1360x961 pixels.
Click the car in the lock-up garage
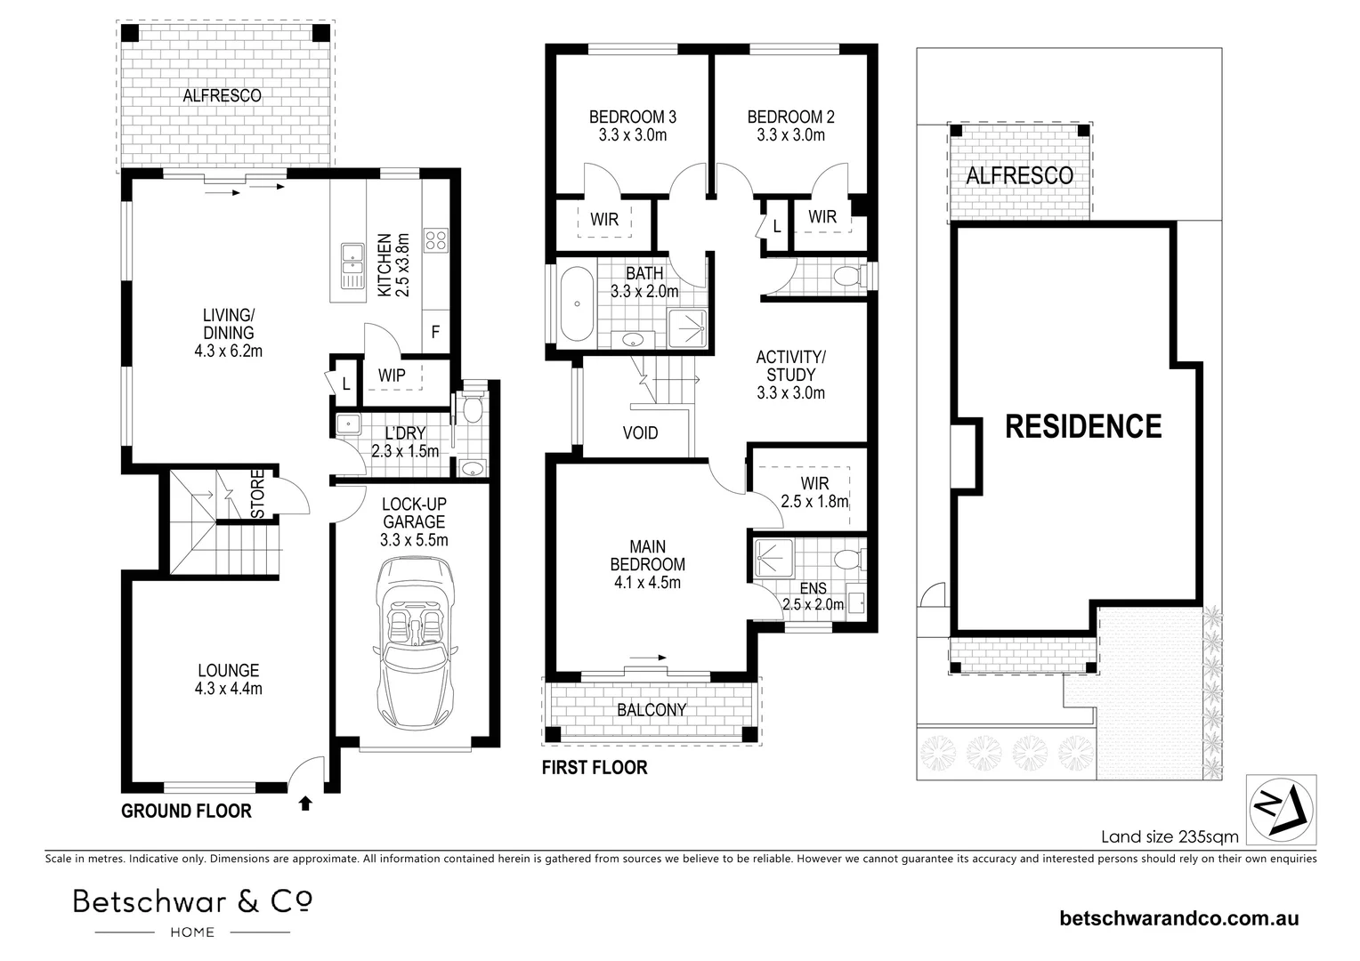(x=416, y=649)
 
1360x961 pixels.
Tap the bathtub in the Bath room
(x=577, y=303)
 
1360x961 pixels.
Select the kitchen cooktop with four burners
(x=435, y=240)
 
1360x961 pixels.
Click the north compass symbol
(x=1281, y=810)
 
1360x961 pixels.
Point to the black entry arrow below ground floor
(x=305, y=804)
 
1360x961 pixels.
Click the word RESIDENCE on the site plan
(x=1083, y=426)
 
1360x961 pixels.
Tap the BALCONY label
(x=652, y=710)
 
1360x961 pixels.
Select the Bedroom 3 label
(x=633, y=125)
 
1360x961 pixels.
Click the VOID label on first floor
(x=640, y=432)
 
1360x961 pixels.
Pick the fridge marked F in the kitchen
(x=435, y=332)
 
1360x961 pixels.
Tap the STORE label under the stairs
(x=257, y=494)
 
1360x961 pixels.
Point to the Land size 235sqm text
(x=1170, y=836)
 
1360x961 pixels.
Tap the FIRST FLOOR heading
(x=595, y=767)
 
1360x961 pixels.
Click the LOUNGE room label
(x=228, y=679)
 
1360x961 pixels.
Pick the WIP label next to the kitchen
(x=392, y=376)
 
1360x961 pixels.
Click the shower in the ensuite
(x=773, y=558)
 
